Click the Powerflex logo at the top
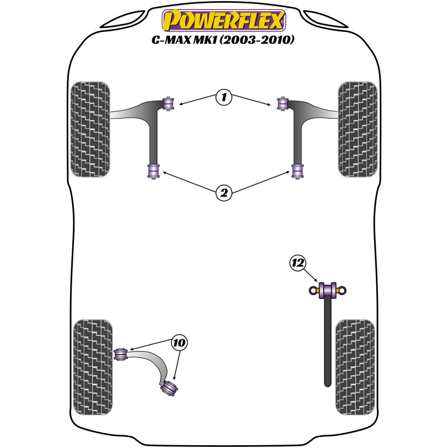coord(224,20)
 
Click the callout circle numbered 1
coord(223,97)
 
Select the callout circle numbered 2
coord(223,193)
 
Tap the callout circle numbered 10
coord(179,342)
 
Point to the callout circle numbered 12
coord(298,263)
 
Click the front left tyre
coord(90,129)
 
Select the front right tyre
coord(358,129)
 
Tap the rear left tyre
coord(93,367)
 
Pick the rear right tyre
coord(355,367)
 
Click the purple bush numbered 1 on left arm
coord(169,104)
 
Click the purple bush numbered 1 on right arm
coord(283,104)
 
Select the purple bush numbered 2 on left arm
coord(153,171)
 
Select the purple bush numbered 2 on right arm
coord(297,171)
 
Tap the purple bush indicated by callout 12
coord(328,290)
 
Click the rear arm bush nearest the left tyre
coord(121,354)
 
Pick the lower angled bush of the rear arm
coord(169,388)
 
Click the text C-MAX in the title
coord(171,40)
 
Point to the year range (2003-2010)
coord(256,40)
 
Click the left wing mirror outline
coord(122,20)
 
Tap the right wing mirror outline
coord(325,20)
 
